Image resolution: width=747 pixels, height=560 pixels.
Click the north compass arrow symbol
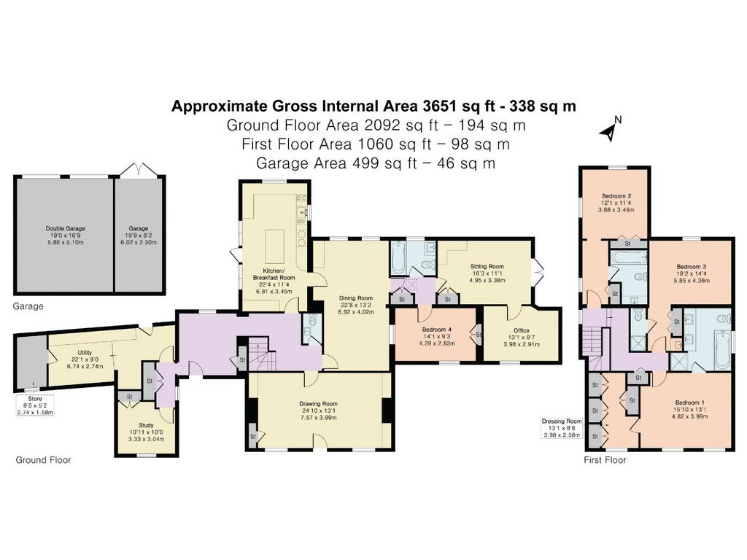coord(611,130)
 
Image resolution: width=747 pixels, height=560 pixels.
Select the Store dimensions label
coord(35,405)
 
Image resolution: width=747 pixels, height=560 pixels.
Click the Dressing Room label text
coord(562,421)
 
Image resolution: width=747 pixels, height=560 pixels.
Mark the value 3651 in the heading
coord(435,106)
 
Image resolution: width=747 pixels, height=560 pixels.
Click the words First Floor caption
coord(605,460)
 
